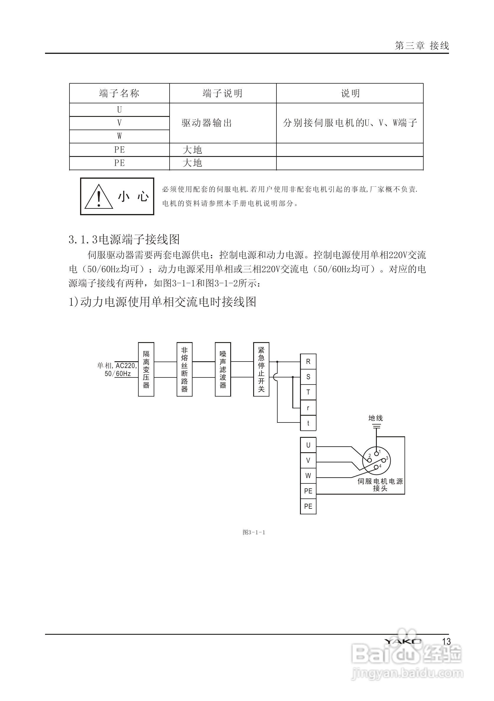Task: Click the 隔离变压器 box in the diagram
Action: pyautogui.click(x=146, y=369)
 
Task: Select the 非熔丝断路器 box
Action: pyautogui.click(x=184, y=369)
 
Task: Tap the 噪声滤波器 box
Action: pyautogui.click(x=223, y=369)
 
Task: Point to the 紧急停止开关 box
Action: pyautogui.click(x=261, y=369)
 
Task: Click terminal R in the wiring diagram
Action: pyautogui.click(x=308, y=362)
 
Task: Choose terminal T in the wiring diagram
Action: pyautogui.click(x=308, y=392)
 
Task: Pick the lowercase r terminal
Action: pyautogui.click(x=308, y=408)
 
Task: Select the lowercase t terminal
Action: pyautogui.click(x=308, y=423)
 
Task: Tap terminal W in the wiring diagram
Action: pyautogui.click(x=308, y=476)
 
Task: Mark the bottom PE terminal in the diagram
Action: pyautogui.click(x=308, y=506)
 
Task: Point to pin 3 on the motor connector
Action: pyautogui.click(x=384, y=459)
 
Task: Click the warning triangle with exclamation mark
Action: pyautogui.click(x=99, y=197)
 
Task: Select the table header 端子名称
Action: pyautogui.click(x=119, y=93)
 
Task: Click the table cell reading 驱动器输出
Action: pyautogui.click(x=207, y=123)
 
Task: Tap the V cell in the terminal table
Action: pyautogui.click(x=119, y=123)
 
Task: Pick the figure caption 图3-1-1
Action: pyautogui.click(x=254, y=533)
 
